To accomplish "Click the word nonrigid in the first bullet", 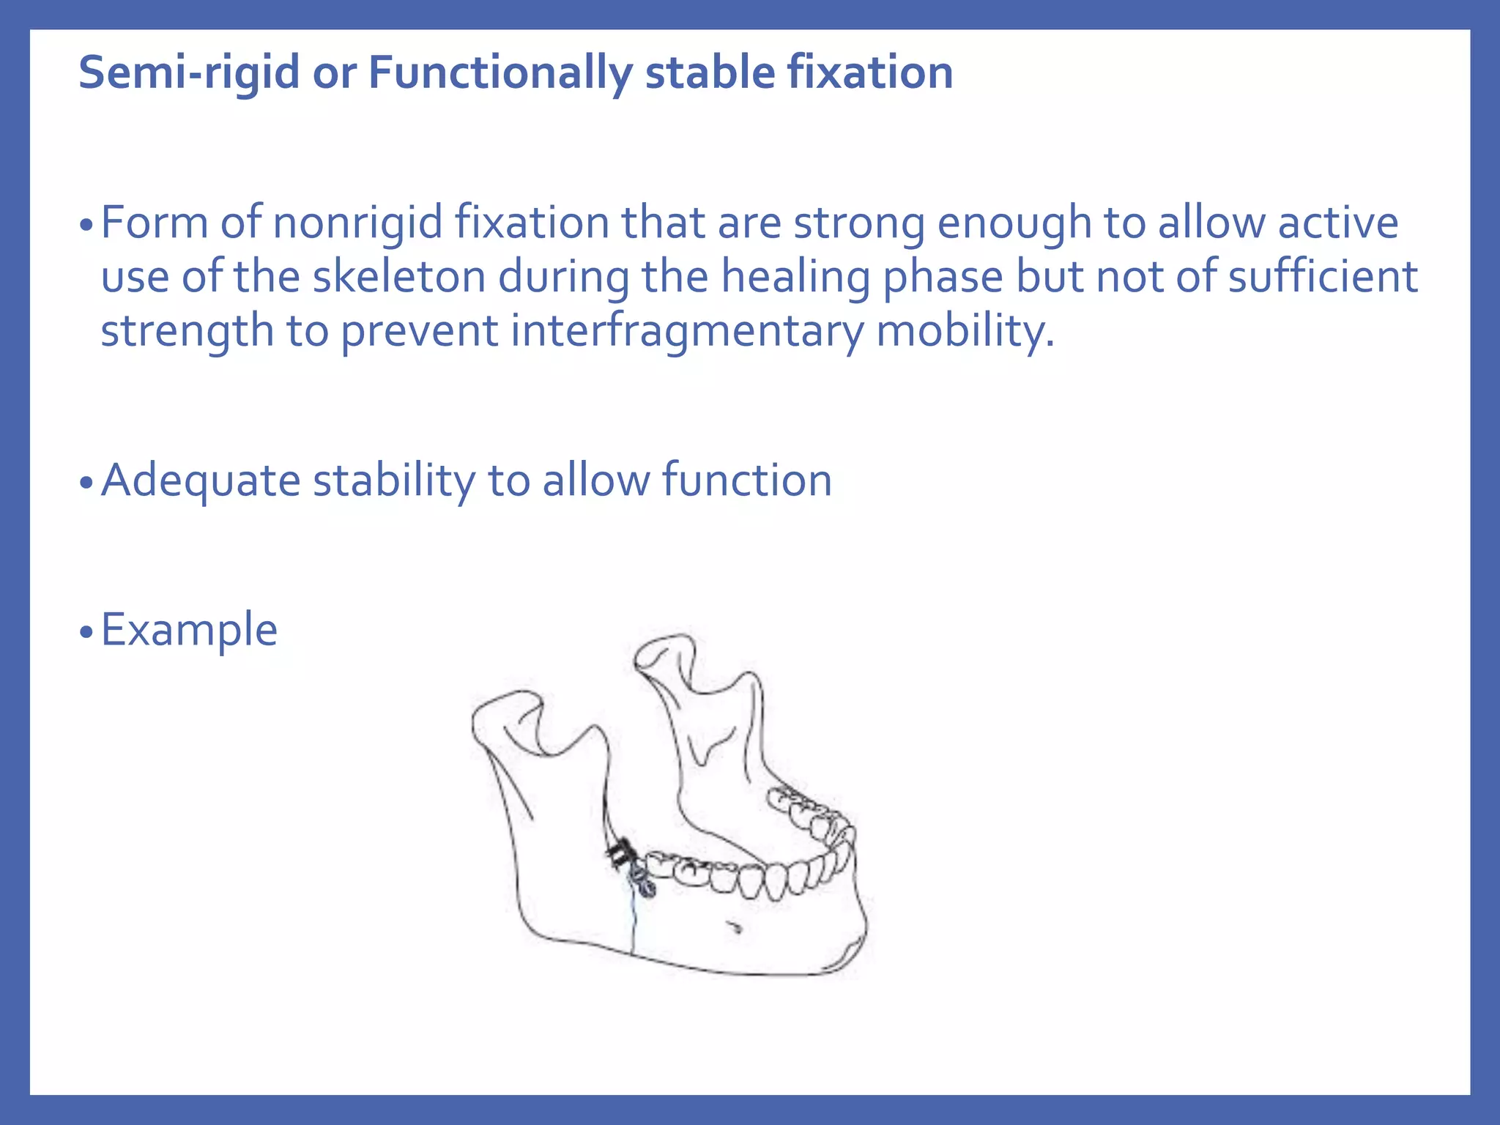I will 357,223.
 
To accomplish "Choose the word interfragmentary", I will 687,331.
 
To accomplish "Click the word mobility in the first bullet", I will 965,331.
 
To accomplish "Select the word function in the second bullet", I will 746,480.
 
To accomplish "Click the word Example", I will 189,630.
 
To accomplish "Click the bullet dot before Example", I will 86,632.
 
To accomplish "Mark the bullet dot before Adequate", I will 86,483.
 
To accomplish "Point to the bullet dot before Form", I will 86,225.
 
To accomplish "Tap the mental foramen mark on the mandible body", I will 735,929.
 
